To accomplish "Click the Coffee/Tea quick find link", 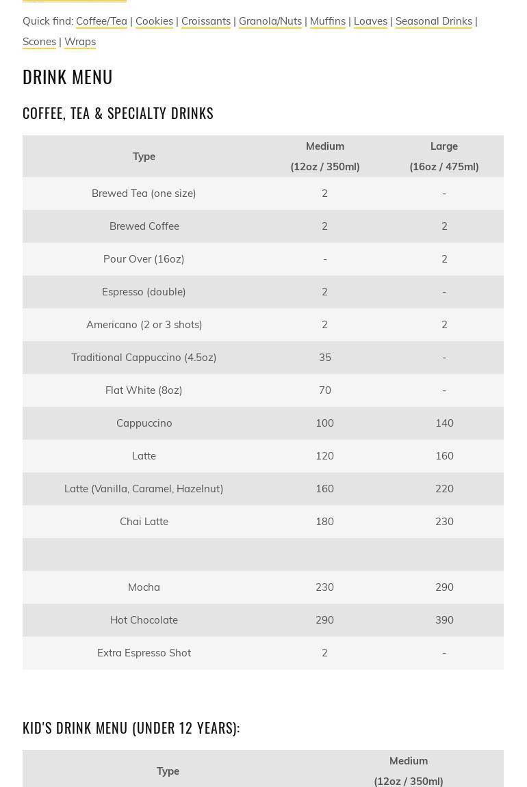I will click(x=101, y=21).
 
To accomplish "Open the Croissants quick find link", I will click(x=205, y=21).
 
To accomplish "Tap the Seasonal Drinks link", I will click(x=433, y=21).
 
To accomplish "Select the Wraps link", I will click(x=80, y=42).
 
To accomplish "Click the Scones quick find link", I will click(x=39, y=42).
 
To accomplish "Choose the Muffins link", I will click(x=327, y=21).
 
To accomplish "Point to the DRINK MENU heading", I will click(x=68, y=77).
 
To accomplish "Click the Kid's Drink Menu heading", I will click(x=131, y=728).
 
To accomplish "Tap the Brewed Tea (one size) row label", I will click(x=144, y=194).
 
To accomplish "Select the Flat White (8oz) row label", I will click(x=144, y=390).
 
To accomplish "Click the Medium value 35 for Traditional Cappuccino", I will click(x=324, y=358).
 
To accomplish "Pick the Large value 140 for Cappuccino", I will click(x=444, y=423).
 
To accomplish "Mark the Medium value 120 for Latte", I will click(x=324, y=456).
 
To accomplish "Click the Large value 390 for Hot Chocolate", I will click(x=444, y=620).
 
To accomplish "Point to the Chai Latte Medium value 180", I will click(x=324, y=522).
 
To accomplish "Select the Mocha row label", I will click(x=144, y=587).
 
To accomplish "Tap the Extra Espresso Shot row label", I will click(x=144, y=653).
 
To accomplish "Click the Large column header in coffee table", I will click(x=444, y=156).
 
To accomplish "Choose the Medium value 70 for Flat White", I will click(x=324, y=390).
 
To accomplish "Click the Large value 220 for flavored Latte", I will click(x=444, y=489).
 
